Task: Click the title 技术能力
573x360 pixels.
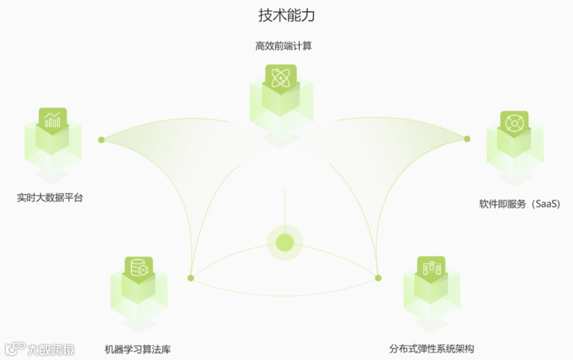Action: [x=286, y=15]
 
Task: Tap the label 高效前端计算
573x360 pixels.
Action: [x=284, y=46]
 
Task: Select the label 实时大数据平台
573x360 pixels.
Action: [x=50, y=198]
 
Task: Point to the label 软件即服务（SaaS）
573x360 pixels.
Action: [x=520, y=204]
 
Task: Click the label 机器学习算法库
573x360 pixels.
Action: [x=138, y=349]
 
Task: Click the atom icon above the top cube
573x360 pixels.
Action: [x=281, y=78]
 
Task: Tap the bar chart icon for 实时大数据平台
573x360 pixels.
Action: [x=53, y=120]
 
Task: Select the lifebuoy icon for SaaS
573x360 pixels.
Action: [x=514, y=123]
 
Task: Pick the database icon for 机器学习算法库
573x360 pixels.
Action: [x=138, y=268]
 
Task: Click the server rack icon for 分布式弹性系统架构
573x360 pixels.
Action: [x=431, y=268]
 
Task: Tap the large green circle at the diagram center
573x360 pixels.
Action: [x=285, y=243]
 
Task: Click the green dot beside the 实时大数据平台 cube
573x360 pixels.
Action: [x=101, y=140]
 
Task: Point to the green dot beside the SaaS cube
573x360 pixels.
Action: [x=467, y=139]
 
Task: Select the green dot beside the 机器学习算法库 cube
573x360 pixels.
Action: [x=191, y=278]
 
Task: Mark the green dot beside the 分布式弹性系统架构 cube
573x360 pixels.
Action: [x=378, y=278]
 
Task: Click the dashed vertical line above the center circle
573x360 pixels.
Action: [x=285, y=207]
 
